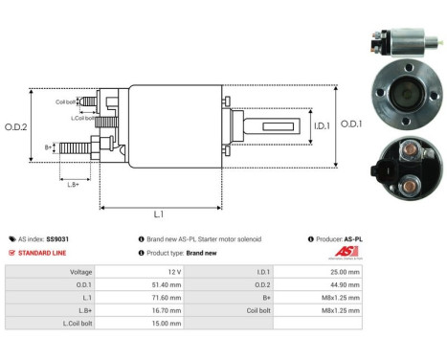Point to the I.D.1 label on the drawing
[x=295, y=124]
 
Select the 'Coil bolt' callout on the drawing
[x=65, y=101]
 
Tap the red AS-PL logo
[x=341, y=253]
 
